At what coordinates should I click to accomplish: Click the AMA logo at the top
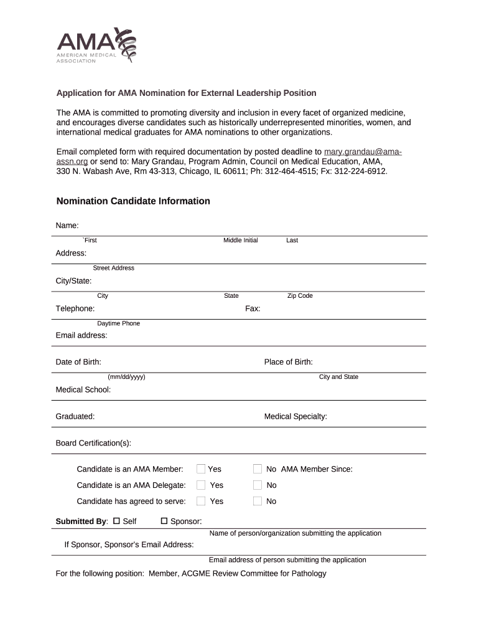(x=96, y=45)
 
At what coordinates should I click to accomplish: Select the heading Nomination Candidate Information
(x=133, y=201)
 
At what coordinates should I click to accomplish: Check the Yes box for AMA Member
(x=201, y=469)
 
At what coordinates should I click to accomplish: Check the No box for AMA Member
(x=258, y=469)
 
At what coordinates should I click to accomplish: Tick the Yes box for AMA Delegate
(x=201, y=485)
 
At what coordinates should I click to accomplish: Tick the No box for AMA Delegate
(x=258, y=485)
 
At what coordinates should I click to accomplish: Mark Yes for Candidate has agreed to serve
(x=201, y=502)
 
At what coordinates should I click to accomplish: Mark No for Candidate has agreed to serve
(x=258, y=502)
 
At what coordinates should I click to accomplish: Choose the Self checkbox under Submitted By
(x=116, y=521)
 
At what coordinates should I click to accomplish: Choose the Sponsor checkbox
(x=165, y=521)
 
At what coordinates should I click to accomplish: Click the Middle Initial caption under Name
(x=241, y=240)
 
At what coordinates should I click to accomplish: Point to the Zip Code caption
(x=300, y=296)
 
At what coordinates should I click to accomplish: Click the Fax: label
(x=253, y=309)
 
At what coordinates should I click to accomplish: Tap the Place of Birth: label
(x=288, y=362)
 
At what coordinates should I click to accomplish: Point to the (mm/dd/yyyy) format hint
(x=126, y=377)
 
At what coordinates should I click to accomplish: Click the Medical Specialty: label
(x=295, y=416)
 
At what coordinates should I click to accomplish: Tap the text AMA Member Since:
(x=317, y=469)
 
